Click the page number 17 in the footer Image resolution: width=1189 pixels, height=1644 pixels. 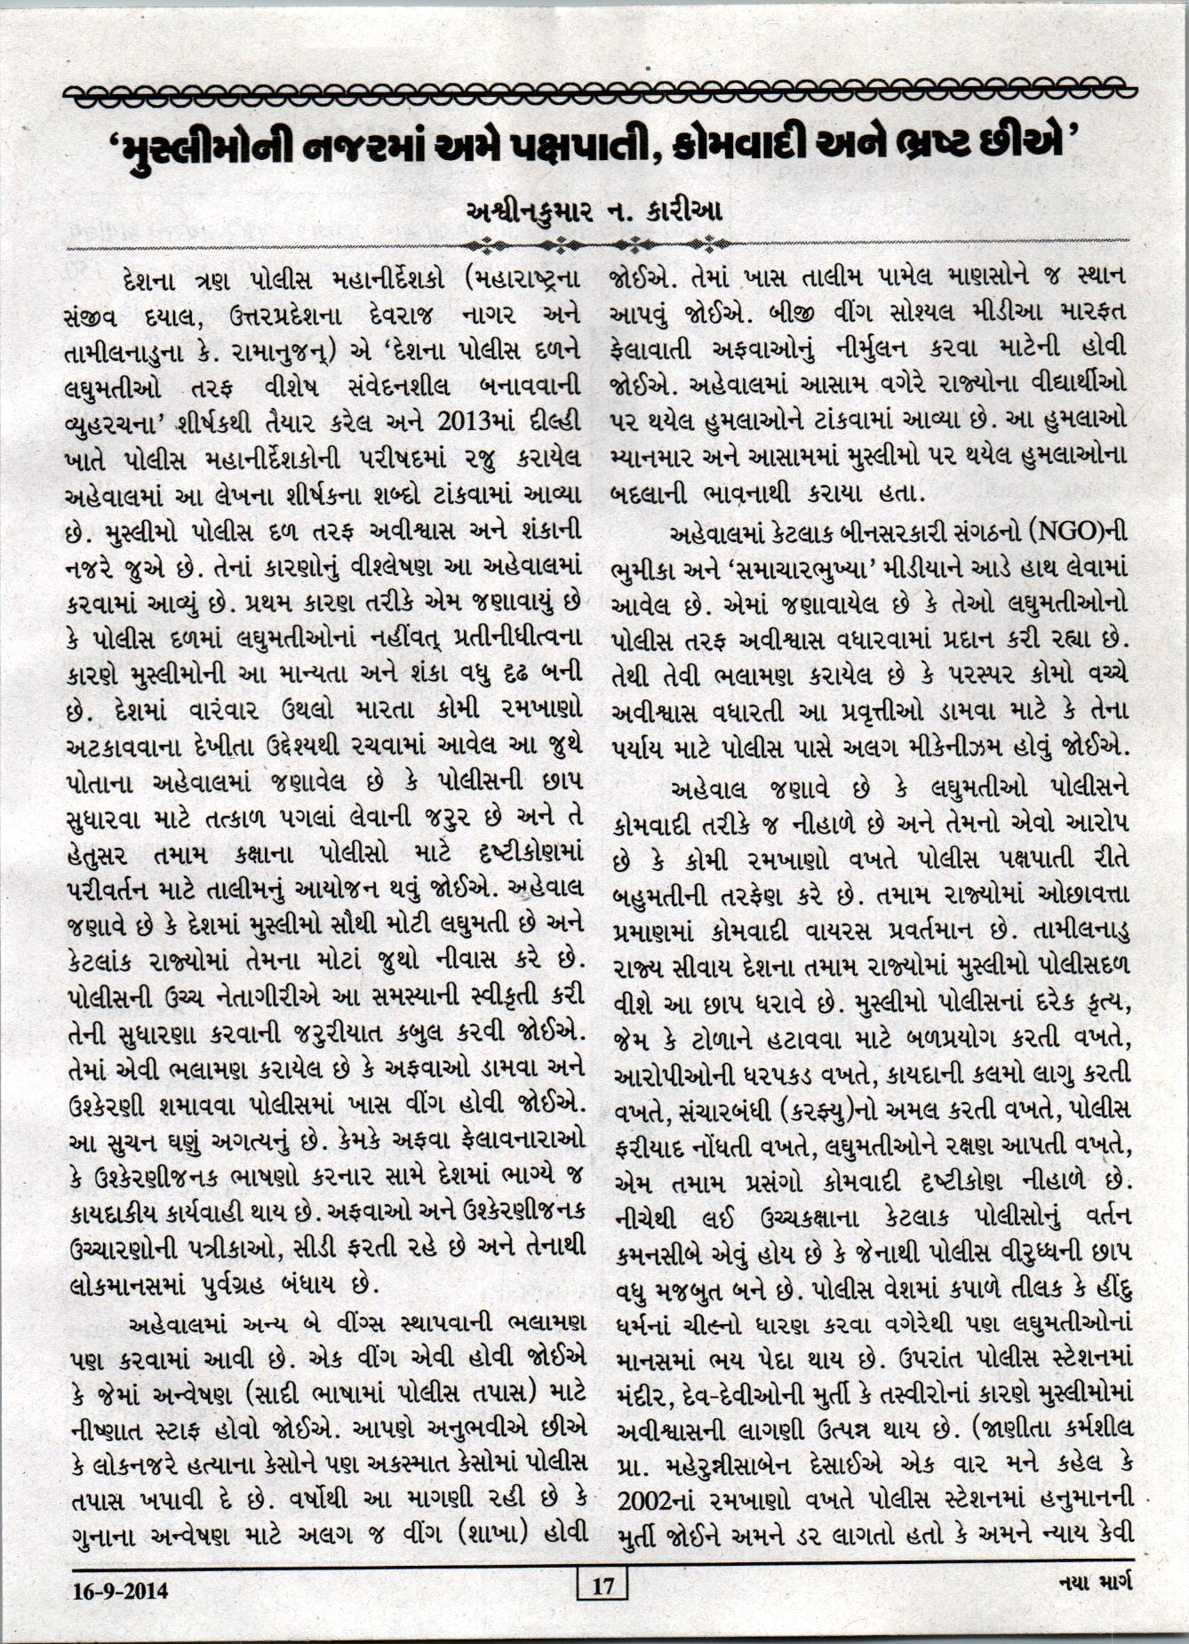coord(602,1584)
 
